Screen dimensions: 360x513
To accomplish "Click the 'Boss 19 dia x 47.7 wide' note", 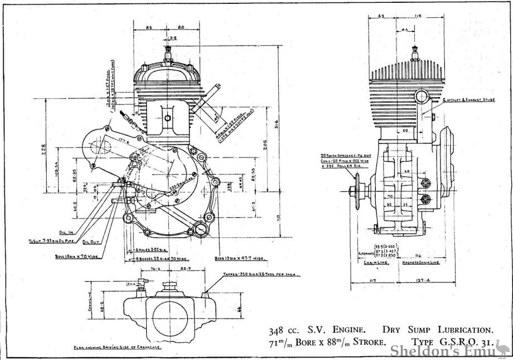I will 240,258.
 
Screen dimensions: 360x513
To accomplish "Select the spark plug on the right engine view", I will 415,54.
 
